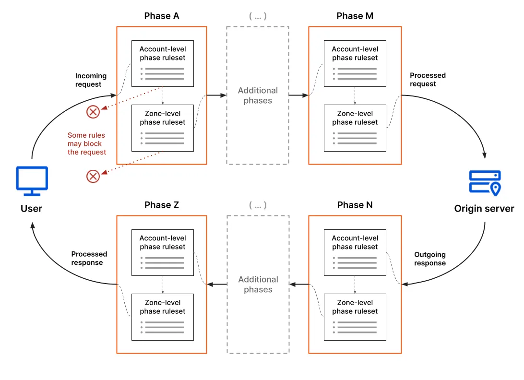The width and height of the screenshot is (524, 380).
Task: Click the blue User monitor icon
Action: point(32,181)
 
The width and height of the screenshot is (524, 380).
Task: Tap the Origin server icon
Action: point(484,183)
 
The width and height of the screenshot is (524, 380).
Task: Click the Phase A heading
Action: point(162,16)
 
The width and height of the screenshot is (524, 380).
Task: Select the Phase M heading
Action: point(355,16)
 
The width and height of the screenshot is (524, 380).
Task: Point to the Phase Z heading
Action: point(162,205)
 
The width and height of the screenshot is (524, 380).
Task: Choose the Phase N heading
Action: point(355,205)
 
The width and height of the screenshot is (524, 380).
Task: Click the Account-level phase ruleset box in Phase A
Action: point(163,63)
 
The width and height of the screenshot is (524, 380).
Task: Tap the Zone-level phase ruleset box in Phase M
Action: point(355,128)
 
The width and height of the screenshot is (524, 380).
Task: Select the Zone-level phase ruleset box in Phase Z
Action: point(163,317)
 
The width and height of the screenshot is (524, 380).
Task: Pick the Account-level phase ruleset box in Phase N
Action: point(355,252)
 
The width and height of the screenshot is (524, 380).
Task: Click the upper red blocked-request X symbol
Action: point(93,112)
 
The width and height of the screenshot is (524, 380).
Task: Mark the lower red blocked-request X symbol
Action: point(93,176)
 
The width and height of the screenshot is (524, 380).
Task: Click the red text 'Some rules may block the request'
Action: point(87,143)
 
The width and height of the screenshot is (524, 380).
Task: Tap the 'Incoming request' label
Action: point(91,80)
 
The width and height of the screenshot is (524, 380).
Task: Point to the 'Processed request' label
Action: point(428,80)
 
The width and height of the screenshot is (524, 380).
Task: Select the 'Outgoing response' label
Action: point(430,259)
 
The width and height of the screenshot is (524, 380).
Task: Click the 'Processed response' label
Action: point(89,258)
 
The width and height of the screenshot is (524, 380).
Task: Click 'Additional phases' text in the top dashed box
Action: point(258,95)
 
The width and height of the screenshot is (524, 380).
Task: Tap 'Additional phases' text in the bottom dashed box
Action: point(258,285)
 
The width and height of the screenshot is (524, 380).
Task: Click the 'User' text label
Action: point(32,209)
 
